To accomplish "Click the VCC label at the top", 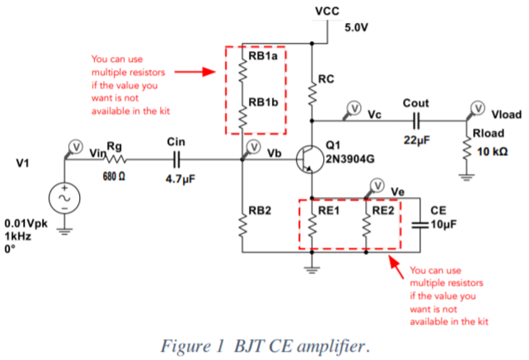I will point(326,11).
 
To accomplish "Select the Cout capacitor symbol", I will point(416,120).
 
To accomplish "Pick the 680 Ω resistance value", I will point(115,177).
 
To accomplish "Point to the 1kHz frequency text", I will point(19,235).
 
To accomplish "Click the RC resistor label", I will point(326,80).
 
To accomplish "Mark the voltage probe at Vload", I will point(476,107).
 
